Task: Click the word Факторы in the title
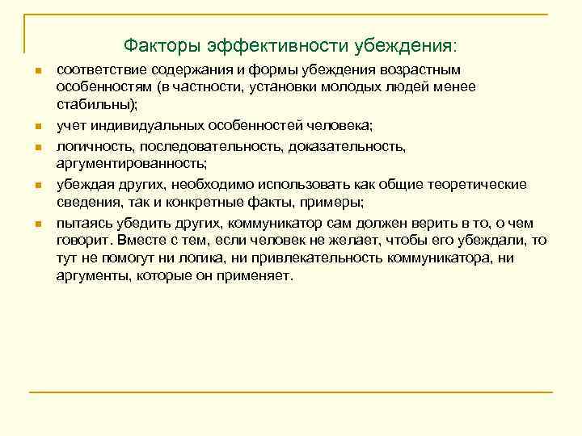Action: tap(156, 42)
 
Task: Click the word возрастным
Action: tap(437, 71)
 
